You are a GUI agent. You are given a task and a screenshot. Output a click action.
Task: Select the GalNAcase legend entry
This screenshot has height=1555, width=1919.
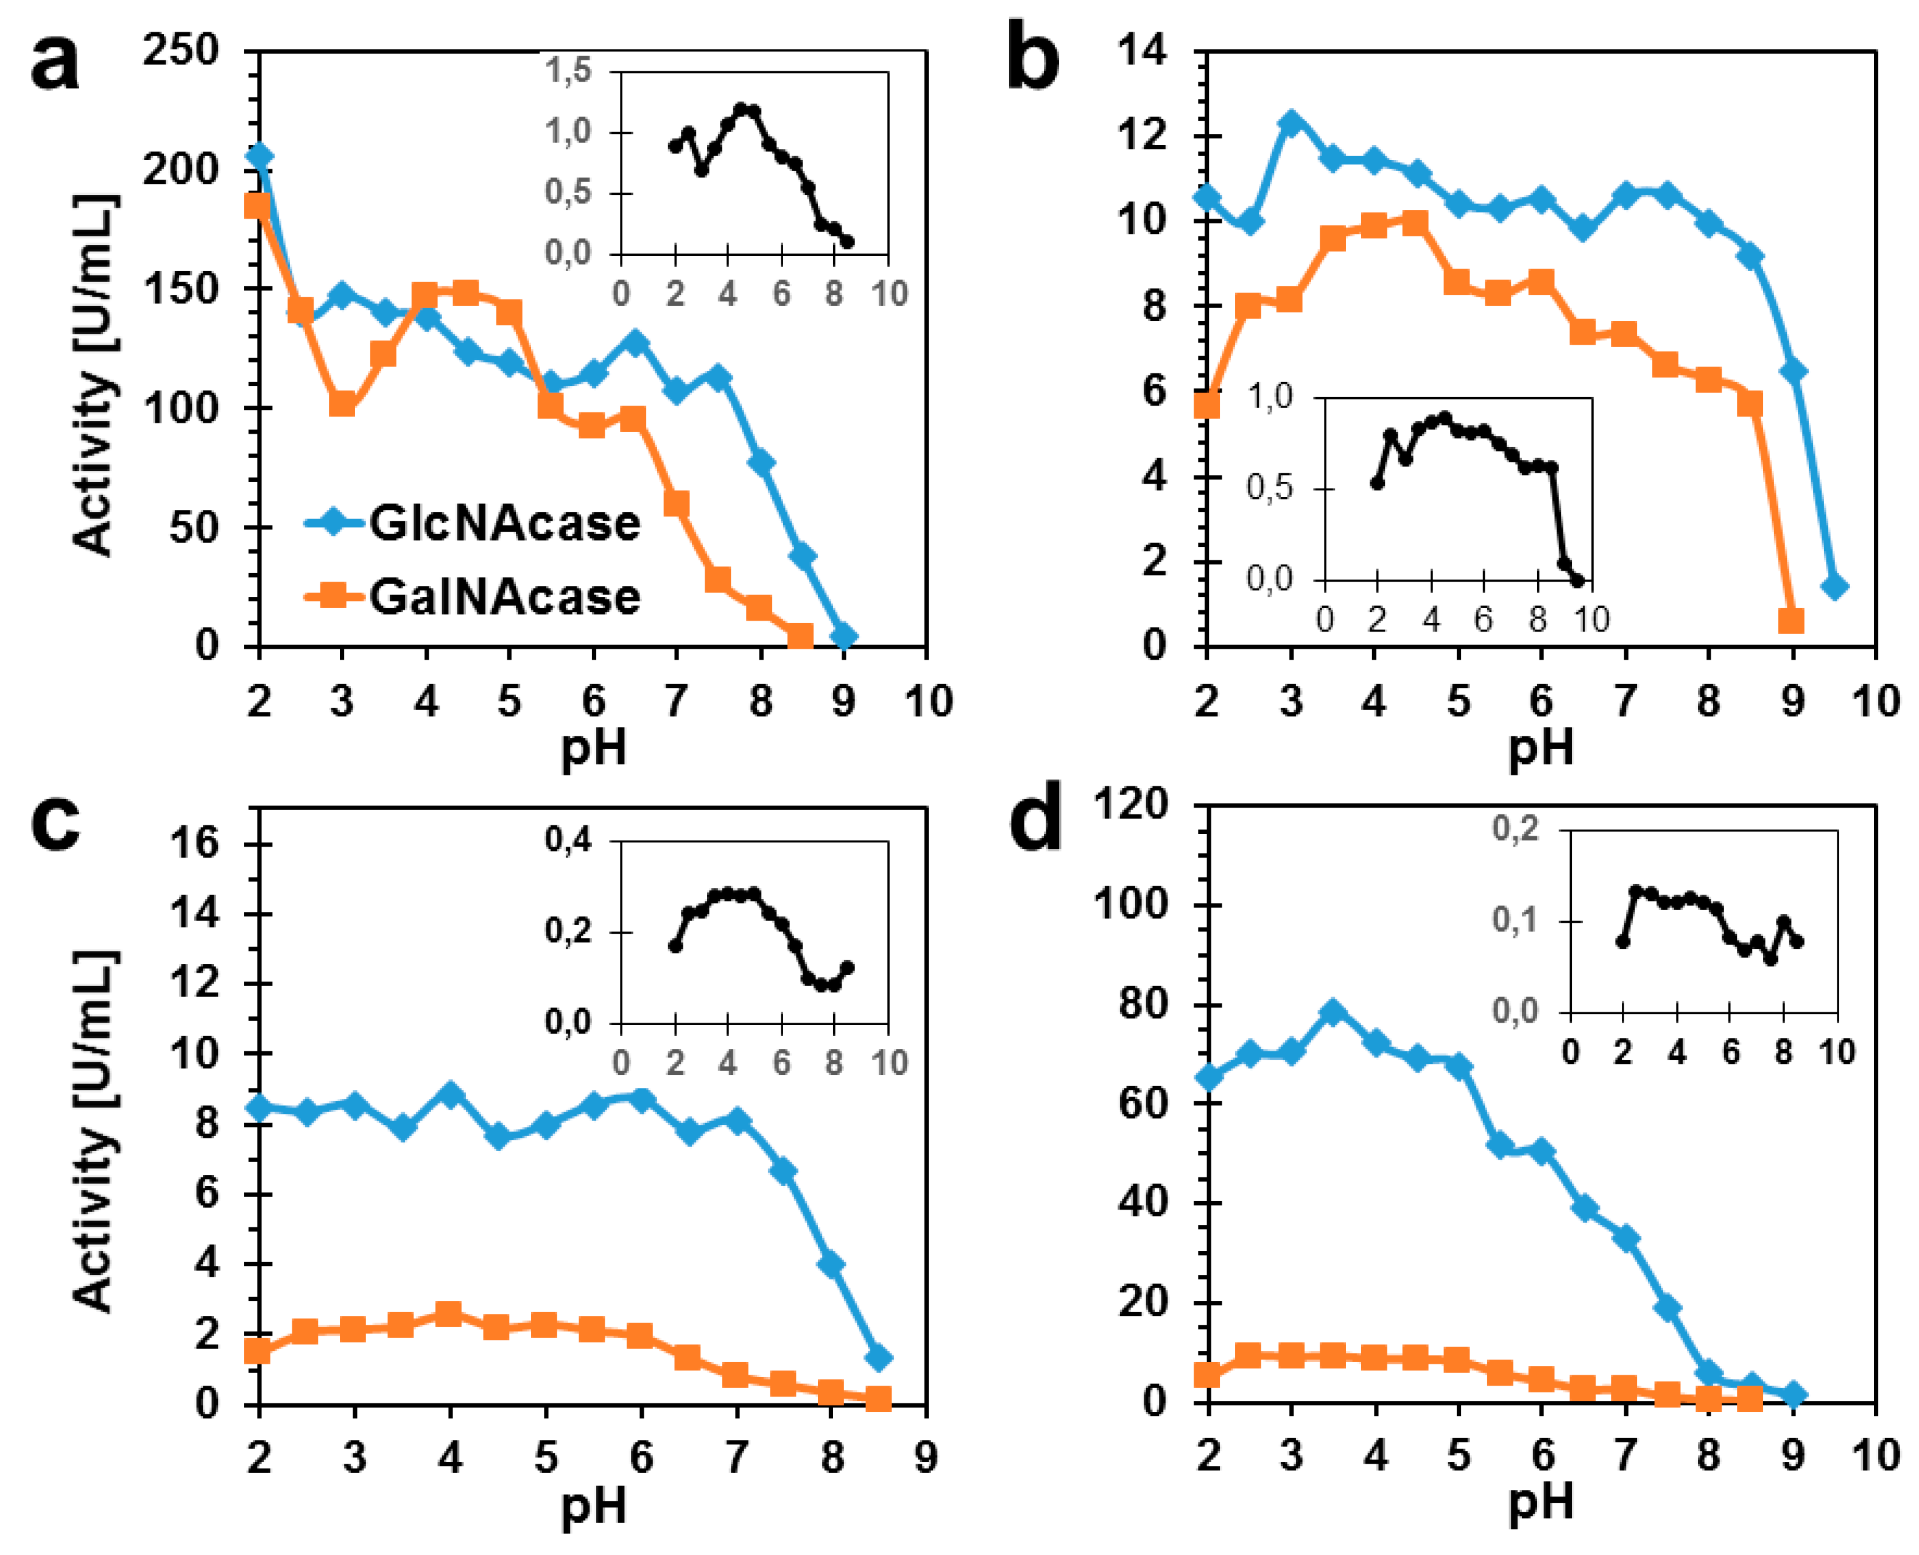473,596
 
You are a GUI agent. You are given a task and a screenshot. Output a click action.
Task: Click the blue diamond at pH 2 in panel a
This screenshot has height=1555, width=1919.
259,156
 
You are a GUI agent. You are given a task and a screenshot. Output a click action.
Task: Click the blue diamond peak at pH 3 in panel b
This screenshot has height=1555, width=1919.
1290,122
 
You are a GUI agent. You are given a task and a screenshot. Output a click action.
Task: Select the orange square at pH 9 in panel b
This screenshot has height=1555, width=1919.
1791,621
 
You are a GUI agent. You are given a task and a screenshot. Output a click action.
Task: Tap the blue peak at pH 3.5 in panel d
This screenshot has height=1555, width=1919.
1333,1013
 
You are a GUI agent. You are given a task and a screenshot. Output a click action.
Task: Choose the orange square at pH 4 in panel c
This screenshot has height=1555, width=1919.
449,1315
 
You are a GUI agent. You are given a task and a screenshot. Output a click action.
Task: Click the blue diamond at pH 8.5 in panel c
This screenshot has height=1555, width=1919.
878,1358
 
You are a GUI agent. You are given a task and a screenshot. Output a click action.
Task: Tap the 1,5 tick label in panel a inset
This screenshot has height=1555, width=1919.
569,70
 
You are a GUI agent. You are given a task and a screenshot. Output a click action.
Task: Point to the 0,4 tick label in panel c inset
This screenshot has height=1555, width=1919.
569,839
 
